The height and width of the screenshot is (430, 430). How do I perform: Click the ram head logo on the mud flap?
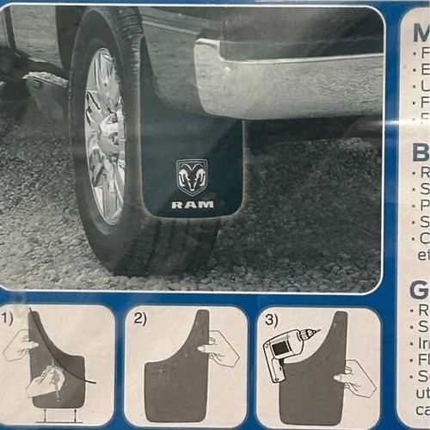tap(191, 177)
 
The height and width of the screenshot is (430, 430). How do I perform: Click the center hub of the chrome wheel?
tap(107, 138)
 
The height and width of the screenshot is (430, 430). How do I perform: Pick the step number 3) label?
tap(269, 318)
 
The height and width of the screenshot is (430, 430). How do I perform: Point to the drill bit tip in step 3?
tap(316, 331)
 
